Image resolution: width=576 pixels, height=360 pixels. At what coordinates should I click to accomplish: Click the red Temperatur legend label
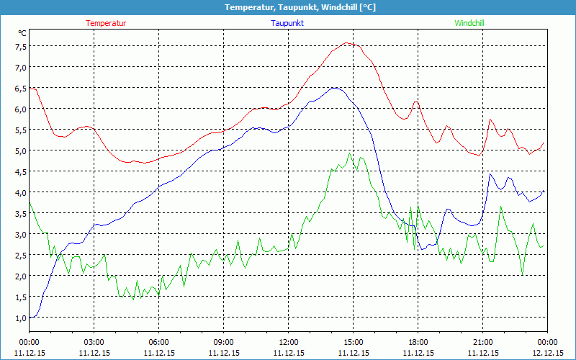coord(106,23)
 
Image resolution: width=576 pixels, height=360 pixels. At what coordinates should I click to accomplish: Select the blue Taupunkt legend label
coord(287,23)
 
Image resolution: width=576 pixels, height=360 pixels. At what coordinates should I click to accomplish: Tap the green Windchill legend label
coord(469,23)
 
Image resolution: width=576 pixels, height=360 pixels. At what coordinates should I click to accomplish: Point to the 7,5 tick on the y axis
coord(20,46)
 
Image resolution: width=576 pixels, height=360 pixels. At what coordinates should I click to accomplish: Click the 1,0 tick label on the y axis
coord(20,318)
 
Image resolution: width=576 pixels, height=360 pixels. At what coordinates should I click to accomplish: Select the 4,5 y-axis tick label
coord(20,171)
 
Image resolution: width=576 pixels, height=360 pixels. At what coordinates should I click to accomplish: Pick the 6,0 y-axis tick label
coord(20,109)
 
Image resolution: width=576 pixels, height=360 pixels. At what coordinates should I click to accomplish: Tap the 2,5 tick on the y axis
coord(20,255)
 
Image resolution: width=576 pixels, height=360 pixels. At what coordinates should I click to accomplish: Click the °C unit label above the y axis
coord(22,33)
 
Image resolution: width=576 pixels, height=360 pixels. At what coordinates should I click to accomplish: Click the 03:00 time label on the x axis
coord(94,342)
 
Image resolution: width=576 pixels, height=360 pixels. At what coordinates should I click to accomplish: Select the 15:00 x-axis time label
coord(353,342)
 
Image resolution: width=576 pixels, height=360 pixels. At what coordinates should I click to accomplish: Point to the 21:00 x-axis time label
coord(482,342)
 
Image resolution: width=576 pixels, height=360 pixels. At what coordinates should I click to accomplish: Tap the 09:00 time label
coord(223,342)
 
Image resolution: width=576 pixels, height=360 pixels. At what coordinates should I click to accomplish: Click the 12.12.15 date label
coord(547,353)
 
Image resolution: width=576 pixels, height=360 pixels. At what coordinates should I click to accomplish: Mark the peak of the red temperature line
coord(347,43)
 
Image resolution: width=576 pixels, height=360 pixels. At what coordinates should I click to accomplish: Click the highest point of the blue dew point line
coord(334,88)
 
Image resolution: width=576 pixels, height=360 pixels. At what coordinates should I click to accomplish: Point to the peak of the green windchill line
coord(350,153)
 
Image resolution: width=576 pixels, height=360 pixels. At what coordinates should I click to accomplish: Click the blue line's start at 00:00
coord(30,317)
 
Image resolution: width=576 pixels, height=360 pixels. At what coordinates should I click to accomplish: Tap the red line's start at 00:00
coord(30,89)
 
